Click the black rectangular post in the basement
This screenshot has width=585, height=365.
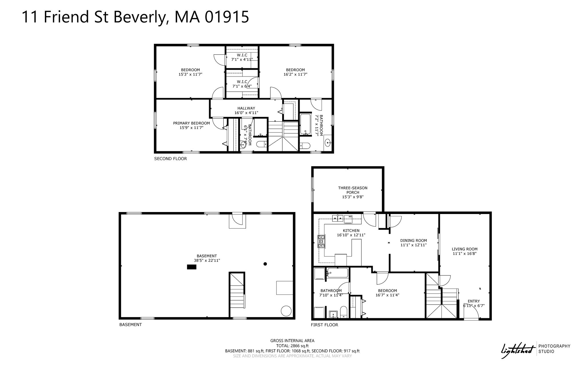click(192, 267)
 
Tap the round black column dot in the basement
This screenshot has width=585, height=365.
click(265, 264)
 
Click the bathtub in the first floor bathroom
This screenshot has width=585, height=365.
click(337, 273)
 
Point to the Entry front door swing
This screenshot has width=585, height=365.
click(471, 315)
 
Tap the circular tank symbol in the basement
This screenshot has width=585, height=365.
click(286, 311)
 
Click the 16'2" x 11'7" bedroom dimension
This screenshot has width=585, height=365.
click(295, 74)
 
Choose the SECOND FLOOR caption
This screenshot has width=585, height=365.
click(171, 159)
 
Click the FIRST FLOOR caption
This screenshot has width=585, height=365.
click(324, 325)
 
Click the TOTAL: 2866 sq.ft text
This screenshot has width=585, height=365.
click(292, 346)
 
